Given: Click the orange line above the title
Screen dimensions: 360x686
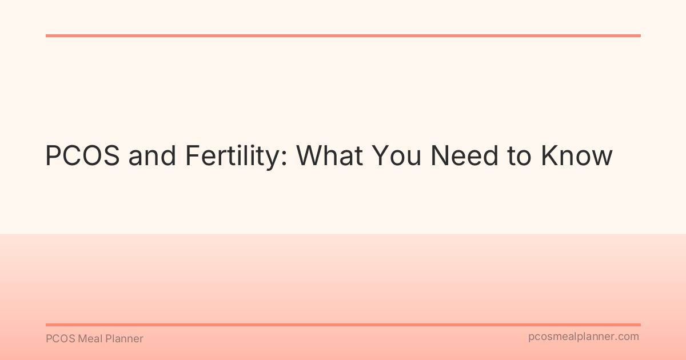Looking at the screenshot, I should tap(343, 35).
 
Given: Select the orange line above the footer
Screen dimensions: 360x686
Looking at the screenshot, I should tap(343, 325).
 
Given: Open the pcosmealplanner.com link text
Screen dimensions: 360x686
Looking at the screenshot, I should tap(583, 337).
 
